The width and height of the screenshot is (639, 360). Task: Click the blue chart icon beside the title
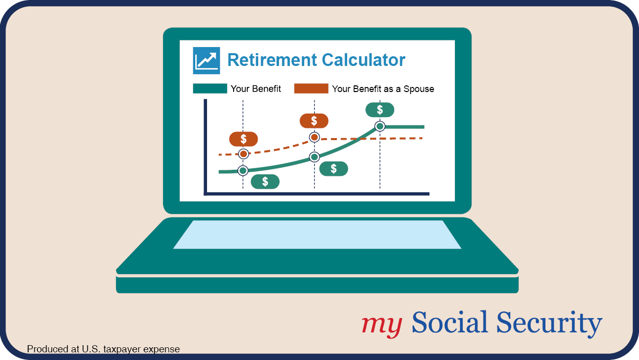point(206,60)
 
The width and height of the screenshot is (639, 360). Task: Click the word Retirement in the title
point(272,60)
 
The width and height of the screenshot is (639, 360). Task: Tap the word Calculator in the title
point(363,60)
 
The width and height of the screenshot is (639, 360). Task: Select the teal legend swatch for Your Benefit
point(210,88)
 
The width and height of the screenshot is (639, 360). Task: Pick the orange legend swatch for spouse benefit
point(311,88)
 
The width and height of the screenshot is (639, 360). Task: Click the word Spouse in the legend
point(419,89)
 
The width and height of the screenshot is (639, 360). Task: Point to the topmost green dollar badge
point(380,110)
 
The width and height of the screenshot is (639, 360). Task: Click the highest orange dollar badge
point(314,121)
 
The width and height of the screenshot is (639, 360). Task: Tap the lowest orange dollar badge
point(243,139)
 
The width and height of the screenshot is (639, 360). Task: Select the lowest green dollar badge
point(265,182)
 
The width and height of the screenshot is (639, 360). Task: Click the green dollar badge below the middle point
point(333,169)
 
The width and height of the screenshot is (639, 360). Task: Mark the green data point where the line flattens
point(380,126)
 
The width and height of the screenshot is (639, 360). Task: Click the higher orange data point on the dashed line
point(314,138)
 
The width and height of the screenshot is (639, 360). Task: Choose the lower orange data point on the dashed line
point(243,154)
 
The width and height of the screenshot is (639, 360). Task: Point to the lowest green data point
point(243,171)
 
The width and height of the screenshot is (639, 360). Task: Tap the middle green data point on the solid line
point(314,157)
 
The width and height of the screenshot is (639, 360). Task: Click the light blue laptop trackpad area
point(317,235)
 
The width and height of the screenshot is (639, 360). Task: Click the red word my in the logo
point(382,325)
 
